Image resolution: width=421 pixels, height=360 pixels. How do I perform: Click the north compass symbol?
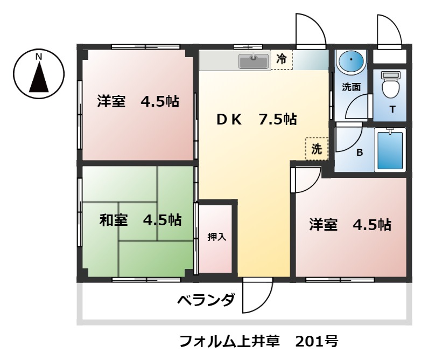tap(39, 73)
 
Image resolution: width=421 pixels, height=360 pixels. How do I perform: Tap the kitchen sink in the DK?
tap(253, 61)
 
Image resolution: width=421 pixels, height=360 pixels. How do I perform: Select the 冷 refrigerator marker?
tap(281, 59)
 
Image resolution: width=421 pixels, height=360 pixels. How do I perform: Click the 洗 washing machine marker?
tap(317, 149)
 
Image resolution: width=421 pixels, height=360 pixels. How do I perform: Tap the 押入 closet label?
tap(216, 237)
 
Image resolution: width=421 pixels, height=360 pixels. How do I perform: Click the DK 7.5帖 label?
tap(256, 120)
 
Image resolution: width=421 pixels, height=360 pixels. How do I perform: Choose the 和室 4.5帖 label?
tap(140, 220)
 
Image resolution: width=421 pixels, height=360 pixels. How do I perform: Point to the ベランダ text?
tap(206, 300)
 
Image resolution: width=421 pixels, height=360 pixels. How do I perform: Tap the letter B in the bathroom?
tap(359, 152)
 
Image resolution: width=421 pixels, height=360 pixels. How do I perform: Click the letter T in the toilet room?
tap(392, 110)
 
